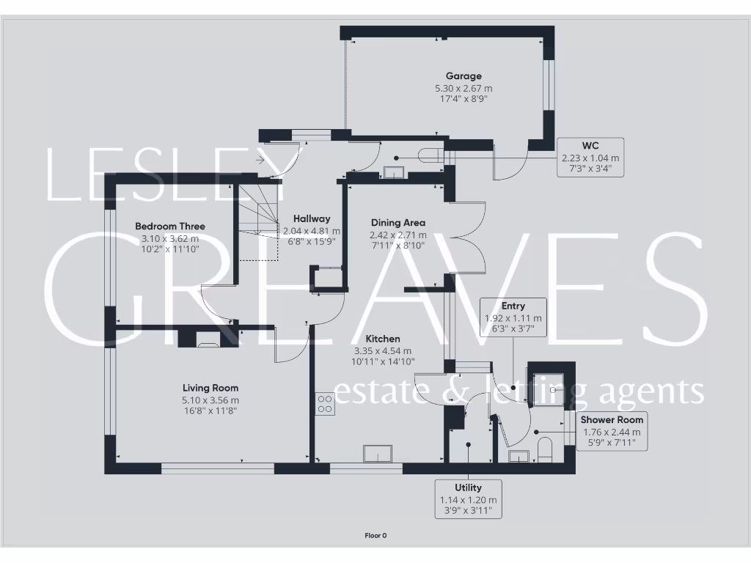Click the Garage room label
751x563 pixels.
tap(464, 76)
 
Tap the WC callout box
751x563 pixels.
tap(590, 157)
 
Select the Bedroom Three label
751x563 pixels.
tap(170, 227)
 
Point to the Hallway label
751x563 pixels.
tap(312, 218)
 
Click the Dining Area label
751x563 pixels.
tap(398, 223)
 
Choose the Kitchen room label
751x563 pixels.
tap(383, 339)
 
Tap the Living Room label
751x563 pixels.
tap(210, 388)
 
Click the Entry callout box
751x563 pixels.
tap(513, 317)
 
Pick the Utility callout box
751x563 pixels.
tap(468, 499)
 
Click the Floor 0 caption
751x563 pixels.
tap(375, 536)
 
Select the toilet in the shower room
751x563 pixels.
tap(543, 449)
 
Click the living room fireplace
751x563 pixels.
tap(208, 338)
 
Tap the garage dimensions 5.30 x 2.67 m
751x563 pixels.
tap(464, 88)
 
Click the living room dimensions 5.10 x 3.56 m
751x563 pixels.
tap(210, 400)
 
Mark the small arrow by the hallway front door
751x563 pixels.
tap(260, 158)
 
